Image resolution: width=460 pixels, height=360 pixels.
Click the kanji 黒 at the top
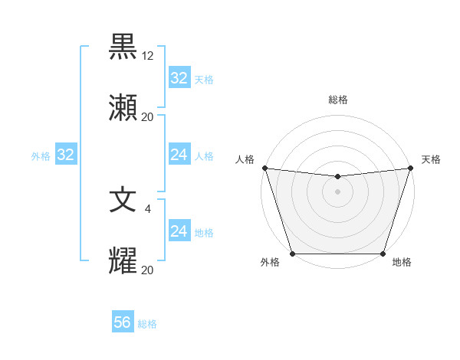tap(123, 47)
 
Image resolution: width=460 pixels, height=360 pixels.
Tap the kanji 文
tap(123, 201)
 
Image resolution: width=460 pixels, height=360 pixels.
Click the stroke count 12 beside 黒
tap(148, 56)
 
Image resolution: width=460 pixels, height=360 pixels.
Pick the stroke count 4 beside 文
tap(148, 208)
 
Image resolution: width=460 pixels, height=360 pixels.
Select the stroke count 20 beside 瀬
tap(148, 117)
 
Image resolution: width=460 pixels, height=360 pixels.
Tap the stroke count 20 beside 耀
tap(148, 270)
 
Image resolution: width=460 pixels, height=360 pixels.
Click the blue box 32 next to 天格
tap(179, 78)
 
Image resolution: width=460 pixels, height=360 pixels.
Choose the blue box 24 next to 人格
tap(179, 155)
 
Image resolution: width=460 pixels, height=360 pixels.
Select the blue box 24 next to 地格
tap(179, 231)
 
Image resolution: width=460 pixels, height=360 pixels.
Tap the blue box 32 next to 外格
tap(66, 155)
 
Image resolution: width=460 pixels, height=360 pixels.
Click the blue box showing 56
tap(123, 323)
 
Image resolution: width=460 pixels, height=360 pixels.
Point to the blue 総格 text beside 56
tap(147, 324)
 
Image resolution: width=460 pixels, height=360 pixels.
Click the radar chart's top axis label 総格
tap(338, 100)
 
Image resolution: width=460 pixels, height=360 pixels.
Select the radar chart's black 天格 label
tap(431, 159)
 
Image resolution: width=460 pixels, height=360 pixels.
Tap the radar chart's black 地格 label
tap(402, 262)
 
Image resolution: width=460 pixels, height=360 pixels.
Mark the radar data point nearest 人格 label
tap(264, 168)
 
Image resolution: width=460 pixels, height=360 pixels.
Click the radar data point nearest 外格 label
tap(292, 254)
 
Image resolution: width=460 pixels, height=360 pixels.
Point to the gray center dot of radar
tap(337, 191)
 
